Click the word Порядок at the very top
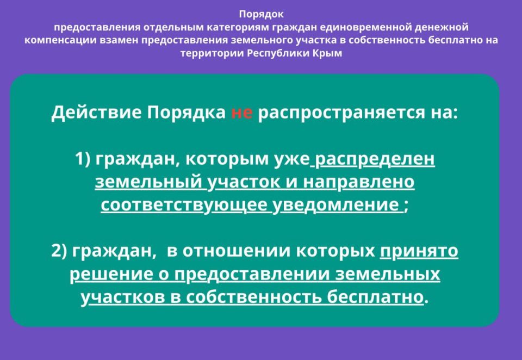[262, 15]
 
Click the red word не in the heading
[241, 113]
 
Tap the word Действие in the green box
[96, 112]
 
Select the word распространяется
[341, 113]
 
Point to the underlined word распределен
[375, 159]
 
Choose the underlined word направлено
[359, 182]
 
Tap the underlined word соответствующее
[184, 205]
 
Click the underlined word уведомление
[335, 204]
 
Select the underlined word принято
[419, 251]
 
